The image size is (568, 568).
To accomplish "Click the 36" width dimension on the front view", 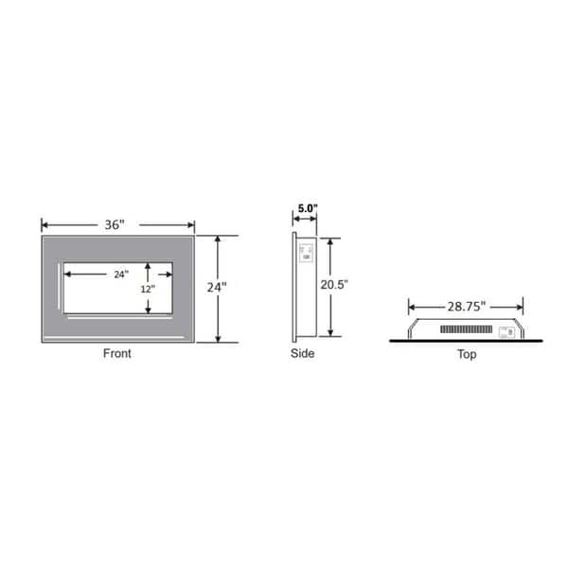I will (x=115, y=225).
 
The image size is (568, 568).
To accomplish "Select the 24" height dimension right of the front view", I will (x=219, y=286).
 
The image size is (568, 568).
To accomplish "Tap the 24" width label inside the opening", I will (x=120, y=275).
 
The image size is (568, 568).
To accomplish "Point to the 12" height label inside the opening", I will (x=145, y=289).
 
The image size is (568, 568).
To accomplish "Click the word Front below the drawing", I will (x=117, y=354).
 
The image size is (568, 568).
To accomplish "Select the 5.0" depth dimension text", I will (x=309, y=208).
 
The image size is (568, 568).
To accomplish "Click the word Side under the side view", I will (x=303, y=354).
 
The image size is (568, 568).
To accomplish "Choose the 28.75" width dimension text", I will (x=466, y=306).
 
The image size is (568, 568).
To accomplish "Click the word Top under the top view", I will (x=466, y=355).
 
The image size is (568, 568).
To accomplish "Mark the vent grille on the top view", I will (x=468, y=331).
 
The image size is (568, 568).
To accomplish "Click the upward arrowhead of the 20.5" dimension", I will (x=330, y=240).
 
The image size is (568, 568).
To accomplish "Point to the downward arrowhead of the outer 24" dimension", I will (x=219, y=338).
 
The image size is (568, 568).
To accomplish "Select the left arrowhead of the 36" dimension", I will (x=44, y=225).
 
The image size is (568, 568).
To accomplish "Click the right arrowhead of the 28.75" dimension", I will (x=520, y=306).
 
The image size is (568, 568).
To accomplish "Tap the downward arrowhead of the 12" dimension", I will (x=148, y=311).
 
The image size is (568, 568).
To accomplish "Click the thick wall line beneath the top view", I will (x=466, y=340).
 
